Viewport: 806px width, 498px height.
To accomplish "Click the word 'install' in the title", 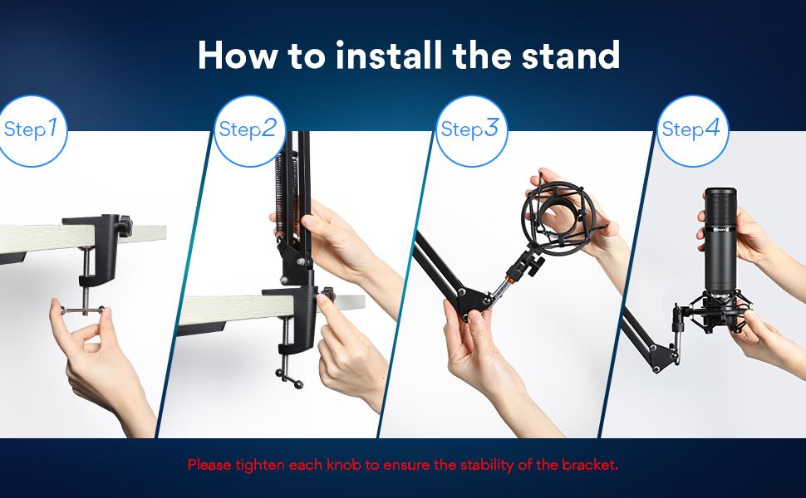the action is click(389, 55).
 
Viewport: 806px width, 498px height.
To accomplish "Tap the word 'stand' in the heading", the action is click(571, 56).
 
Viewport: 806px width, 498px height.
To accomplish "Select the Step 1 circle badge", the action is click(32, 131).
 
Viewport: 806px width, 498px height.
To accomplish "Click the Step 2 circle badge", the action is click(249, 131).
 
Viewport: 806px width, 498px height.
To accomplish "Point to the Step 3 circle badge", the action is click(471, 131).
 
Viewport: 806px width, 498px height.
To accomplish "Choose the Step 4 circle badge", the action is click(692, 131).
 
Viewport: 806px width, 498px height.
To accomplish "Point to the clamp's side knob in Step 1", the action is click(125, 226).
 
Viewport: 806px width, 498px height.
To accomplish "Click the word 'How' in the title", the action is click(238, 56).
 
